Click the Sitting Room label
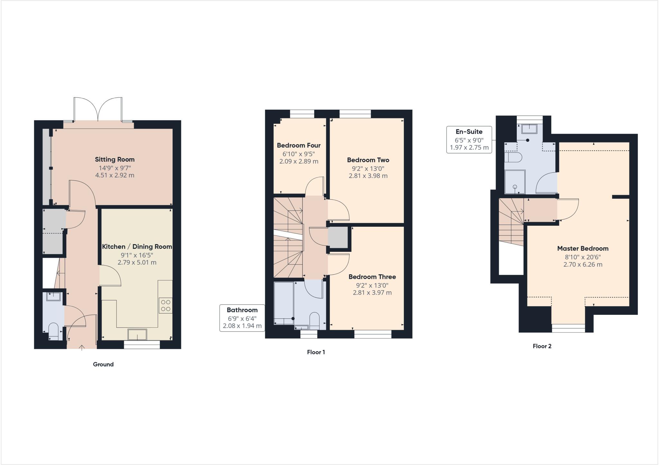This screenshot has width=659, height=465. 115,160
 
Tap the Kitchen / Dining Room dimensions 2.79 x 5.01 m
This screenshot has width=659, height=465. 137,262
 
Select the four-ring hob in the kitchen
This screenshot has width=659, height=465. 165,305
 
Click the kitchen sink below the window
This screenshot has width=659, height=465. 137,334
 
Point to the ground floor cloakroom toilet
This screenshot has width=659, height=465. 53,331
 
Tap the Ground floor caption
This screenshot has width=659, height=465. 103,364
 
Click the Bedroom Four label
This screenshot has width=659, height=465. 299,145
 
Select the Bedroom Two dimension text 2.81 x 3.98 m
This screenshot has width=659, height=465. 368,176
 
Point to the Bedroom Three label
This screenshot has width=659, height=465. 372,277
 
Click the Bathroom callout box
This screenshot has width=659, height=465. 242,318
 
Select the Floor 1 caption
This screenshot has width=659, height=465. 316,352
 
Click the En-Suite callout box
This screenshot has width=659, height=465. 469,140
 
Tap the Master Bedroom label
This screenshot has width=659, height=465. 582,249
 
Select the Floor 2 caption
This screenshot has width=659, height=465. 542,346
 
